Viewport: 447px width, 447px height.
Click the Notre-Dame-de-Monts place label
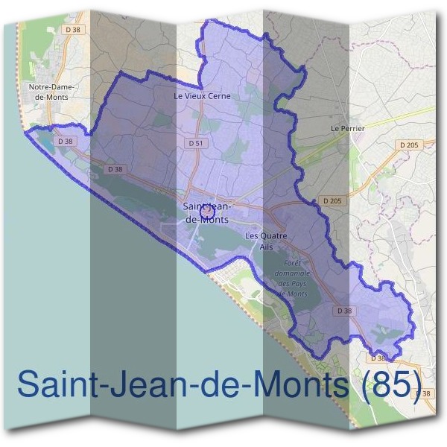(x=52, y=92)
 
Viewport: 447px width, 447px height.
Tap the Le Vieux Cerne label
(x=202, y=96)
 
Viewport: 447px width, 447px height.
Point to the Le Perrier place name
(x=347, y=128)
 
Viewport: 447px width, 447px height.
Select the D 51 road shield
(x=196, y=142)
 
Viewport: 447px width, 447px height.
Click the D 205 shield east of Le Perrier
(x=409, y=145)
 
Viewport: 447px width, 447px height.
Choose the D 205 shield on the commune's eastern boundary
(x=332, y=201)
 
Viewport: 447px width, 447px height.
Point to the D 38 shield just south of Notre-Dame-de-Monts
(x=66, y=140)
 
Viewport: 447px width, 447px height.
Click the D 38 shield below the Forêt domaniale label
(x=343, y=310)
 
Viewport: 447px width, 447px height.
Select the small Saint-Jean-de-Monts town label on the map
(x=206, y=212)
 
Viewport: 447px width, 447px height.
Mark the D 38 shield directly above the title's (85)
(x=378, y=358)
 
